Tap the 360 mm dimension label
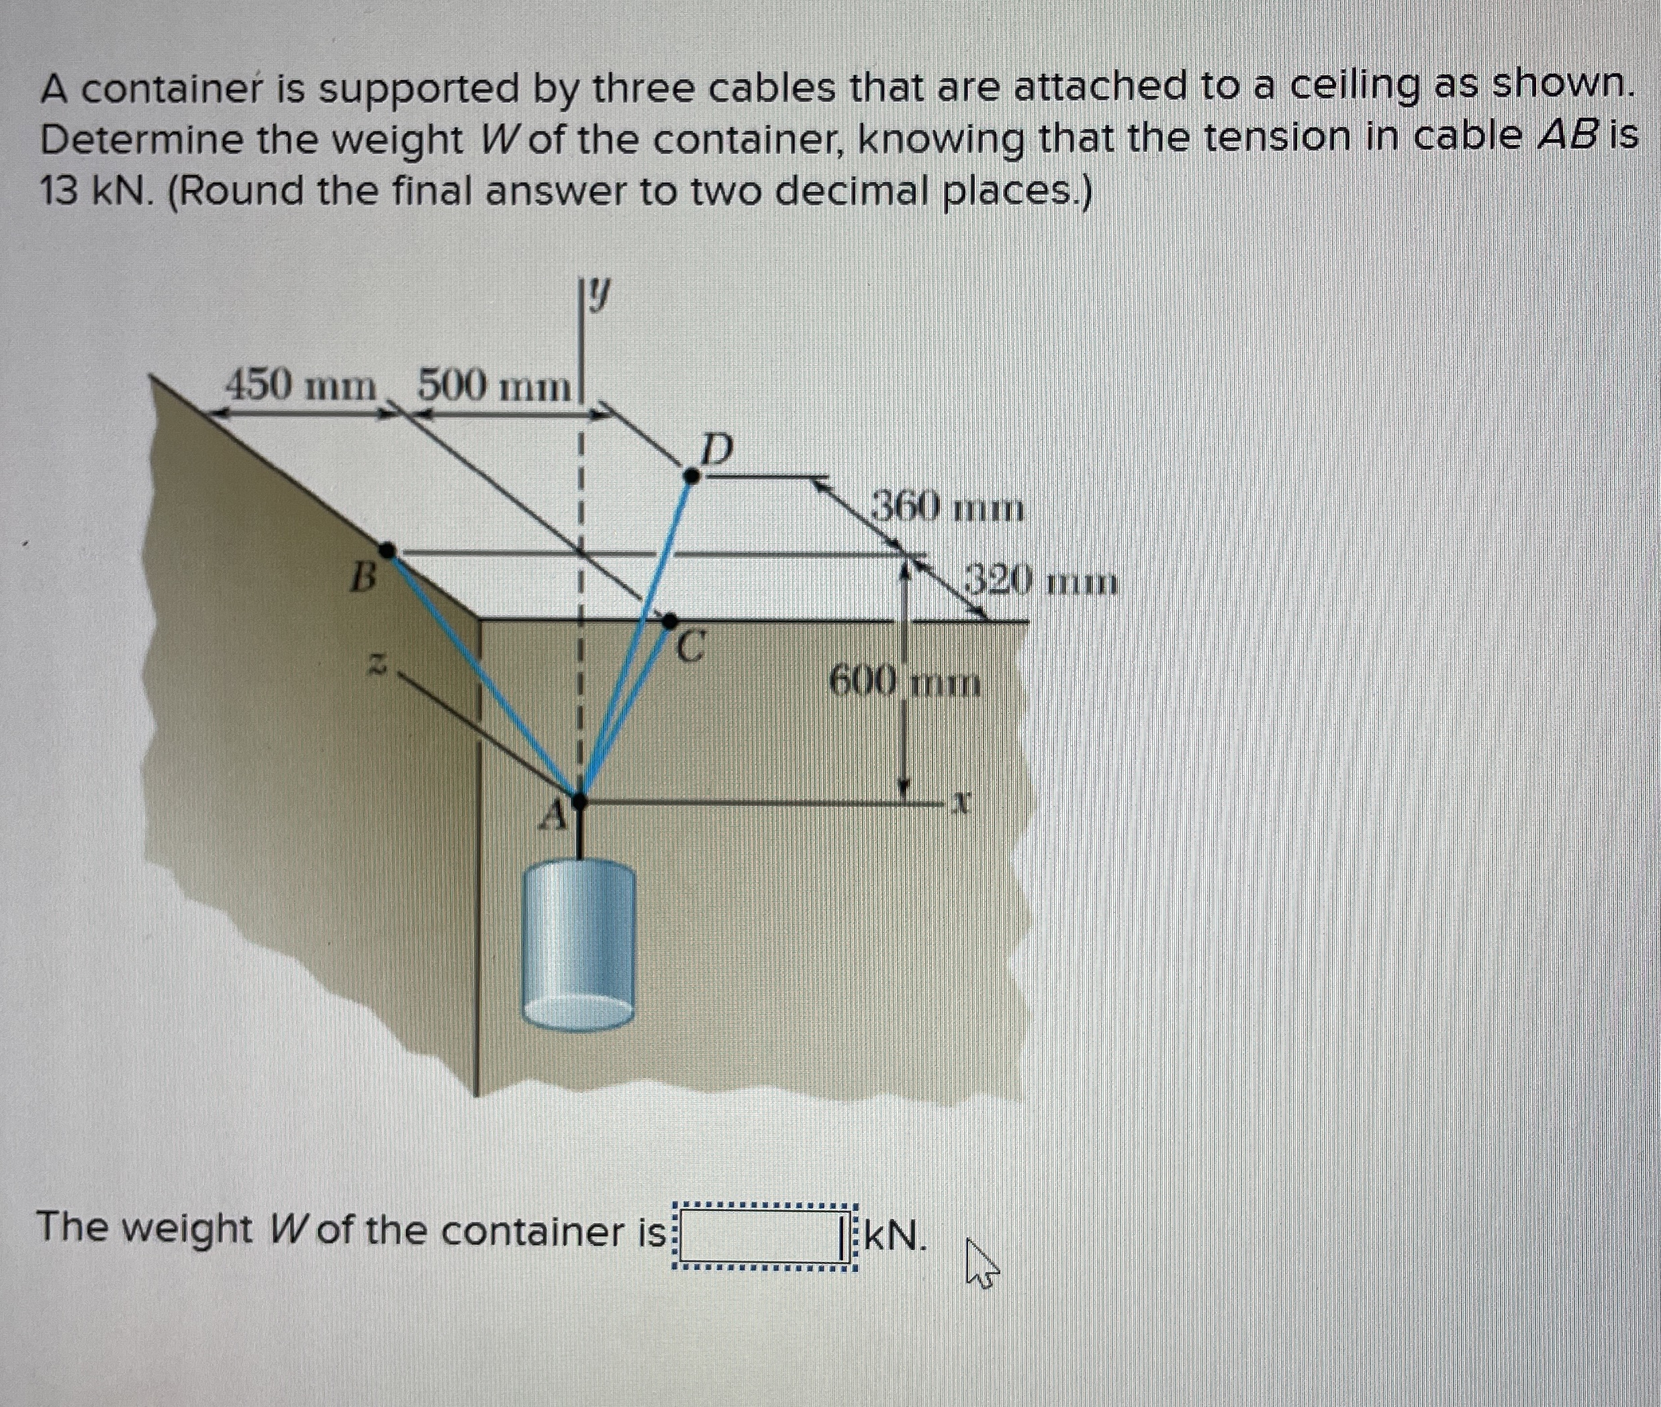pos(946,507)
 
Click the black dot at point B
pos(387,549)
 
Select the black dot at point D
pos(693,476)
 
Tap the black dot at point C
pos(671,620)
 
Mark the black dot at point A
pos(581,800)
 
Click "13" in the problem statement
pos(60,191)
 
